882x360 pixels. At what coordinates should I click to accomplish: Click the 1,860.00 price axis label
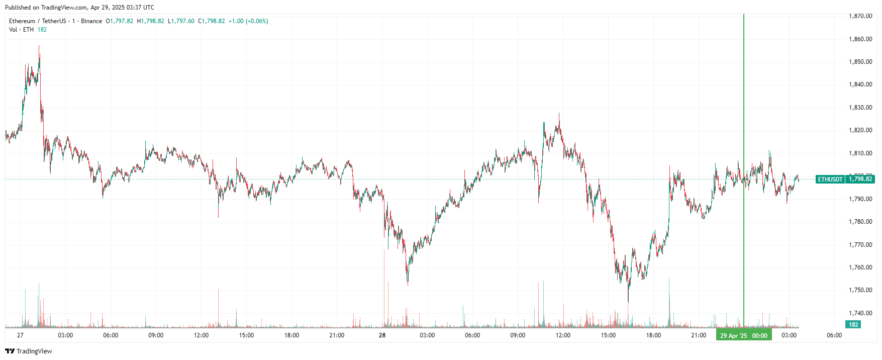point(860,39)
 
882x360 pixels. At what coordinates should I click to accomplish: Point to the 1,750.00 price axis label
point(860,290)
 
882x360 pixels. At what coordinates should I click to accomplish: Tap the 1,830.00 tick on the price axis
point(860,108)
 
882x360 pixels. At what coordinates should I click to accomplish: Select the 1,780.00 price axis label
point(860,222)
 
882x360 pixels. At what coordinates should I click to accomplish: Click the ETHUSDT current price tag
point(830,179)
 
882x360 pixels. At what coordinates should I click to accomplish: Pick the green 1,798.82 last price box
point(860,179)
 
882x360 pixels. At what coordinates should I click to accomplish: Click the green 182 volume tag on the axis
point(853,325)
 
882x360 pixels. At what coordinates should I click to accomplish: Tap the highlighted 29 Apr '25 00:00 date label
point(743,336)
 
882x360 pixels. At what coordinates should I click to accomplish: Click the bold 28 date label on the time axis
point(382,335)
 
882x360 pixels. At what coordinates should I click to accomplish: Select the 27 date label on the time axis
point(20,335)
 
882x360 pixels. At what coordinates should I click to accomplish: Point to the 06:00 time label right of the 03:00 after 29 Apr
point(834,335)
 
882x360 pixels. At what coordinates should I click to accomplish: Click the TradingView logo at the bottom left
point(29,351)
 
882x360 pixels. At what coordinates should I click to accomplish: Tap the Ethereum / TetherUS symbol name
point(37,21)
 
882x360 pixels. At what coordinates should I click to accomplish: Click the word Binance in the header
point(91,21)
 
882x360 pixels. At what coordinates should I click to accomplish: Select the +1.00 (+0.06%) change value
point(248,21)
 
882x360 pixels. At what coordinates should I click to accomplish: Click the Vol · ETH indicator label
point(21,30)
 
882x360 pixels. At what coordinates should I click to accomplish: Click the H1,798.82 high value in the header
point(150,21)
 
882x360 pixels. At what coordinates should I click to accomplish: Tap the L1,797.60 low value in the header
point(181,21)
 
